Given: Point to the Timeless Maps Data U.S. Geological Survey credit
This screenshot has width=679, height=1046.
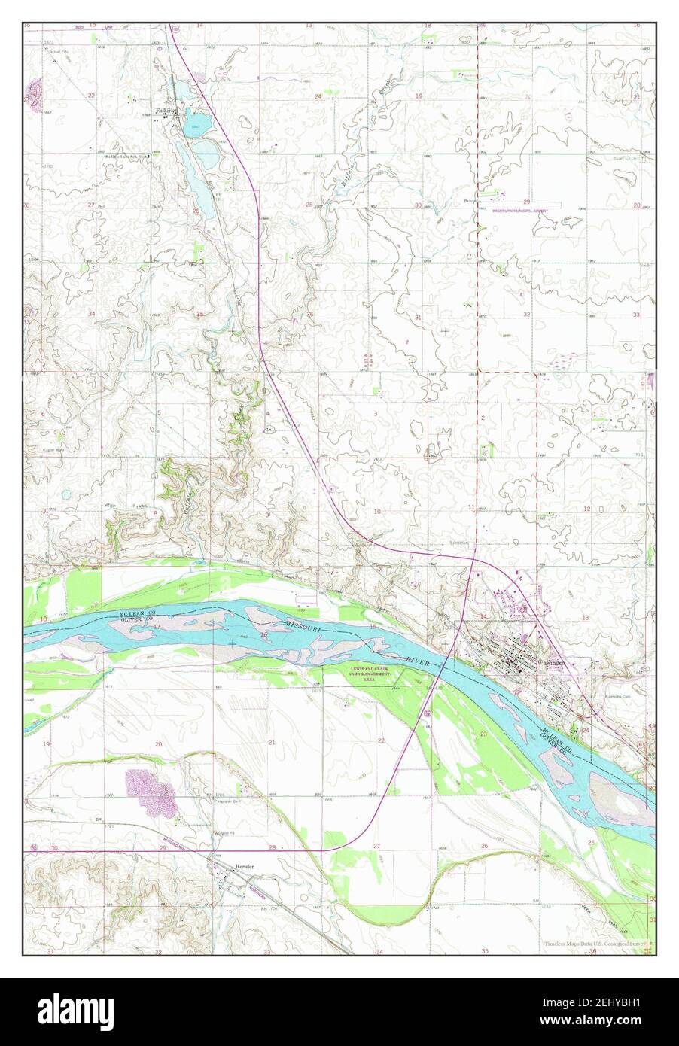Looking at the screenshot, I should [595, 944].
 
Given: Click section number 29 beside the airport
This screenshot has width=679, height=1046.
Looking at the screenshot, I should [527, 202].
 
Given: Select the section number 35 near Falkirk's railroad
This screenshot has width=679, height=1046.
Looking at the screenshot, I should [199, 314].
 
